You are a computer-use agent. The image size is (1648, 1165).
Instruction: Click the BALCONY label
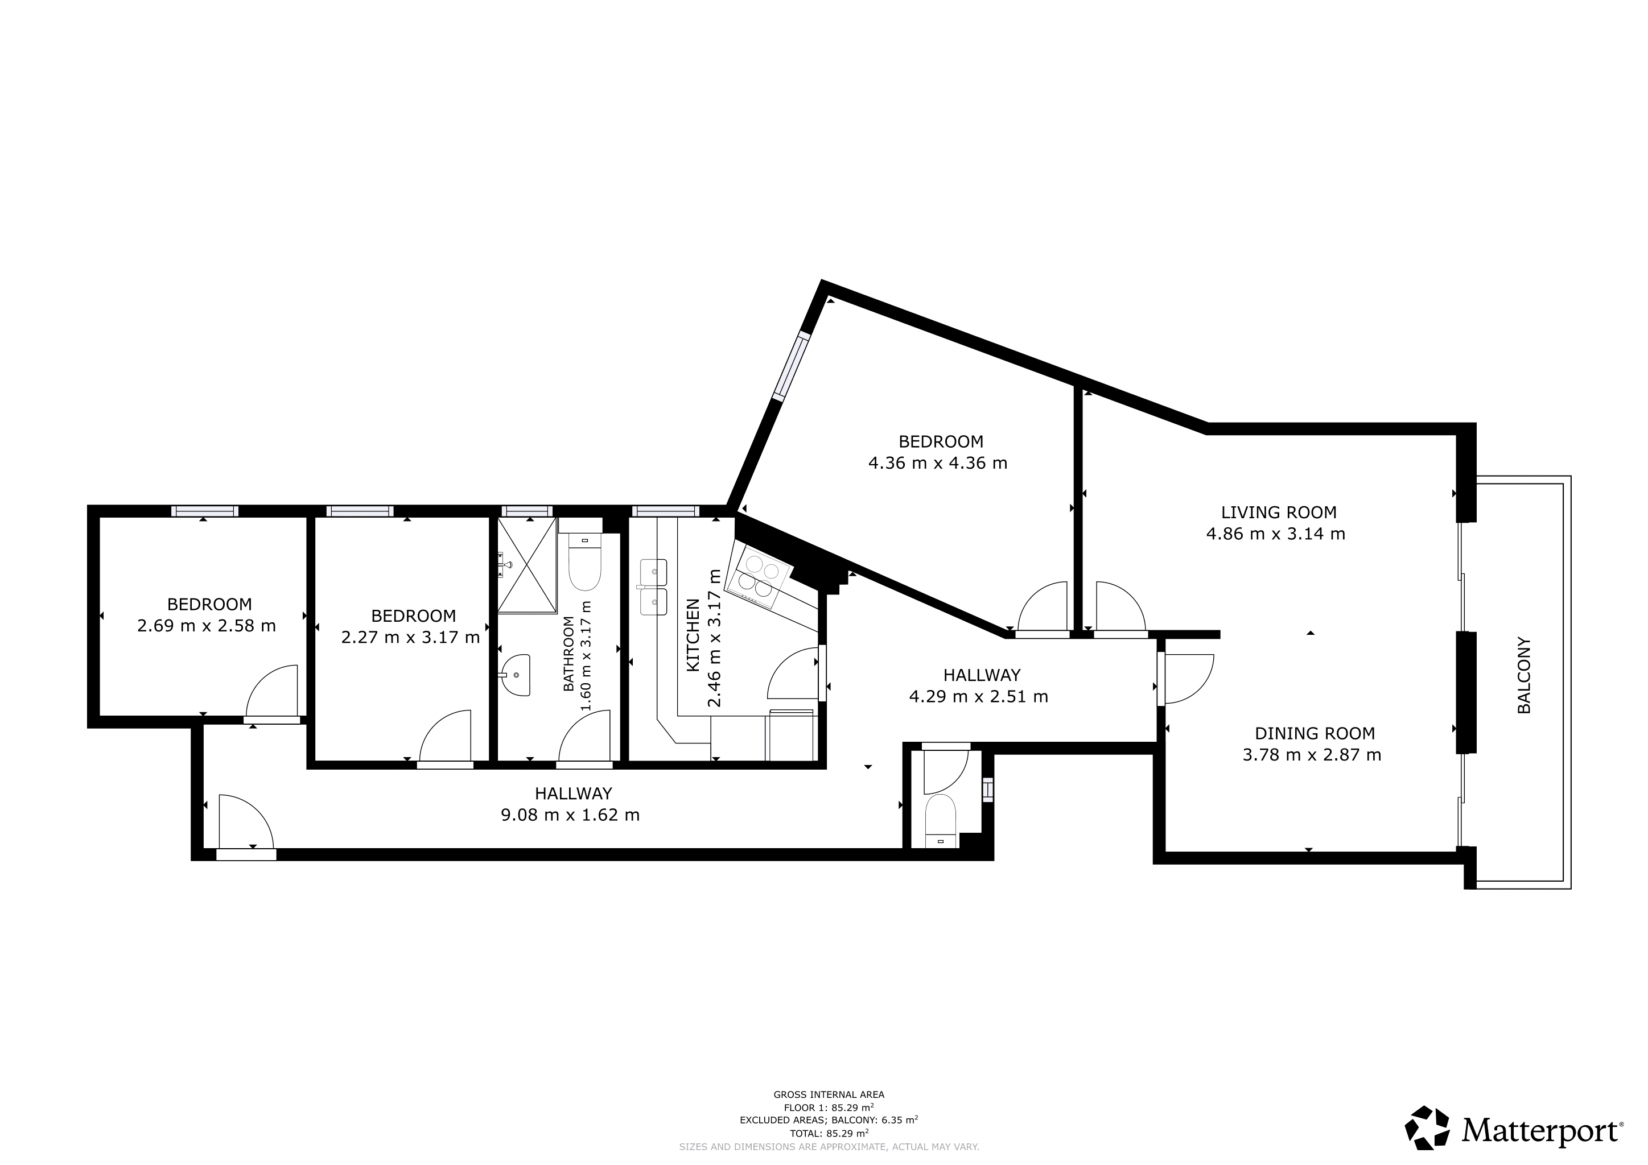tap(1524, 675)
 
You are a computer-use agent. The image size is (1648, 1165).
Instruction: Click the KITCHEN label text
tap(693, 635)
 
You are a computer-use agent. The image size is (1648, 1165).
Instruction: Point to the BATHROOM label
tap(568, 654)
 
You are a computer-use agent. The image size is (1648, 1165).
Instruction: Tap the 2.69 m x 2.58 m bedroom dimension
tap(206, 626)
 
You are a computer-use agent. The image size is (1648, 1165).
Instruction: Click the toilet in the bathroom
tap(584, 564)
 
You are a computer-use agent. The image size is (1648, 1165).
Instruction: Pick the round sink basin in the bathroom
tap(516, 675)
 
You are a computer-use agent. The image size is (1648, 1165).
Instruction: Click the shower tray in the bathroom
tap(528, 565)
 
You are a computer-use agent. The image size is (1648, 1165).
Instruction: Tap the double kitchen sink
tap(654, 588)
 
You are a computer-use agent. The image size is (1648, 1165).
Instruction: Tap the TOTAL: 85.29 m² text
tap(829, 1134)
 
